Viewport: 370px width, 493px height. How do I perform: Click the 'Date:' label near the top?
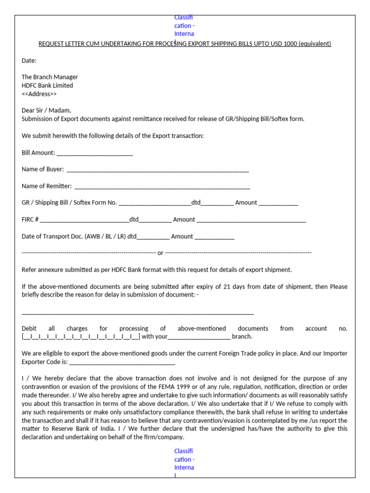click(x=29, y=61)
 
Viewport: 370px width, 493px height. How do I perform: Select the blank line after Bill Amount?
click(x=94, y=153)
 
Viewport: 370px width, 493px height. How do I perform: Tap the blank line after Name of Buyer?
click(x=158, y=170)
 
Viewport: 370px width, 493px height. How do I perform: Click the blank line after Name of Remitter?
click(x=162, y=187)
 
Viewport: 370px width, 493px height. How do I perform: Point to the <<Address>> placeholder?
click(x=39, y=94)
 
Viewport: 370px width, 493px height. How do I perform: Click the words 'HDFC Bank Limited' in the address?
click(x=47, y=86)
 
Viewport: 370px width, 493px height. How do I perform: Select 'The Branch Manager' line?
click(x=50, y=77)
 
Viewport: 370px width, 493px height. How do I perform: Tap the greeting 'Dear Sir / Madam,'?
click(x=46, y=110)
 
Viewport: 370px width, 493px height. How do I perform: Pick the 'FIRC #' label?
click(x=30, y=220)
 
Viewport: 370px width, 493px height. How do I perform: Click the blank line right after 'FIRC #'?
click(x=84, y=220)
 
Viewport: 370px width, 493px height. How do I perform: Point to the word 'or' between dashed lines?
click(x=160, y=253)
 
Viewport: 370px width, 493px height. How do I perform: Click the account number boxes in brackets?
click(x=81, y=337)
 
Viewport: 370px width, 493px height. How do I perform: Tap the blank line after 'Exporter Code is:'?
click(x=122, y=362)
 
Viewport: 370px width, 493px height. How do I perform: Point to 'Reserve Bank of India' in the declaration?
click(x=76, y=428)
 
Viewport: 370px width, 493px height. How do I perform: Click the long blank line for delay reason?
click(x=137, y=312)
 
